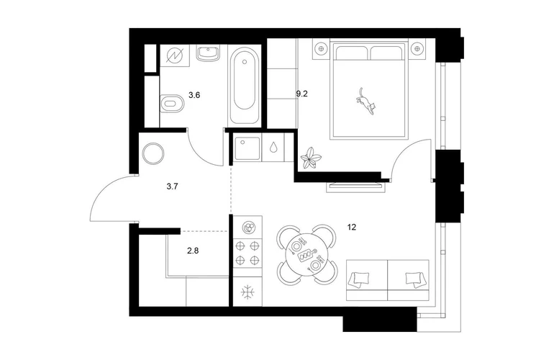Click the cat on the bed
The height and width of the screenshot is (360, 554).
pos(365,101)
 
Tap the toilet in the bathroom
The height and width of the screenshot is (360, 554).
pos(173,104)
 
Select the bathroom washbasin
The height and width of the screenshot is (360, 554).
pos(208,53)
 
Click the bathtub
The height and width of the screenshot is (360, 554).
pos(245,85)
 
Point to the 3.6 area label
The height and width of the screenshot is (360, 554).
pos(194,95)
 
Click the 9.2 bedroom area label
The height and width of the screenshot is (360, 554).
pos(301,94)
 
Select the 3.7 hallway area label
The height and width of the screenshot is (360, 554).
pos(172,186)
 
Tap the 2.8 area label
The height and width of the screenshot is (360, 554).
pos(193,251)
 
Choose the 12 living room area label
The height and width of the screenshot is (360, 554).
pos(352,227)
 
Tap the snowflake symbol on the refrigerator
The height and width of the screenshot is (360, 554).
pos(248,292)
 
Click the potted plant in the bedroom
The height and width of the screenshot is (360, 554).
pos(311,158)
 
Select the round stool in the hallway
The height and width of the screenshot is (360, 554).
pos(153,153)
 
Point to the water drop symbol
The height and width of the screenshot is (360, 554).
pos(273,147)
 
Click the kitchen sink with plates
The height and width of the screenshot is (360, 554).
pos(248,227)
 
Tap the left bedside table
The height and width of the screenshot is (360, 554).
pos(321,48)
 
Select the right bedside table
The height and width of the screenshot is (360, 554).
pos(417,48)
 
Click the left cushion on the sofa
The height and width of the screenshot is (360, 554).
pos(359,278)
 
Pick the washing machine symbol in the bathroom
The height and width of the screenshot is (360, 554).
pos(175,55)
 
